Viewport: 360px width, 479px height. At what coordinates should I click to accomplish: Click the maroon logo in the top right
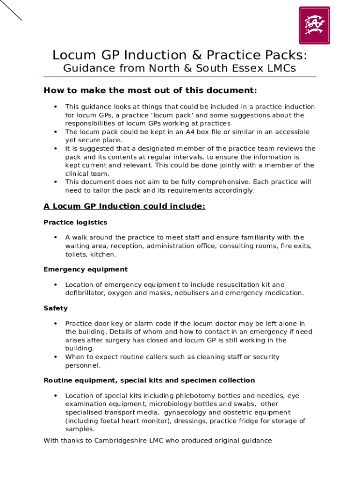(314, 25)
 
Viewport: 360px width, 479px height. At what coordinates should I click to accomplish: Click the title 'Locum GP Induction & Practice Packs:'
(180, 55)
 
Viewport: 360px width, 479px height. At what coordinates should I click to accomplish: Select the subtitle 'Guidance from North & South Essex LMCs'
(180, 68)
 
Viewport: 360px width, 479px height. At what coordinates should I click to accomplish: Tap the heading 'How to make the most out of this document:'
(150, 90)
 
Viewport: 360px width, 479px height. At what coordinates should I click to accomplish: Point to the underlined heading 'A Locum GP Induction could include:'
(124, 206)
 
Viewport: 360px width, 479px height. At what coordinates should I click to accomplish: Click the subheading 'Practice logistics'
(75, 222)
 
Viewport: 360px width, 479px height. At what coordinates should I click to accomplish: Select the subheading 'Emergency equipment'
(86, 269)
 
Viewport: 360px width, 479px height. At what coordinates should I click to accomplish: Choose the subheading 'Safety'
(56, 308)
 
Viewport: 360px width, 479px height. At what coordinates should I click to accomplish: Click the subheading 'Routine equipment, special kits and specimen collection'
(149, 380)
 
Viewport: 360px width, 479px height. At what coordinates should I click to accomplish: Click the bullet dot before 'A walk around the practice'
(56, 238)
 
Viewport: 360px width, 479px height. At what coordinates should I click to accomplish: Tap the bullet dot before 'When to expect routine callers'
(56, 357)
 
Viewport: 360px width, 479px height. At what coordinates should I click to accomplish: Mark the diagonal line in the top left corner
(11, 10)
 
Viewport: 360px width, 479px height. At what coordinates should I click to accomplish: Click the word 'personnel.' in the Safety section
(82, 365)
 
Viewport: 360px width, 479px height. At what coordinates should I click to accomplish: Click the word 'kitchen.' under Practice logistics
(103, 254)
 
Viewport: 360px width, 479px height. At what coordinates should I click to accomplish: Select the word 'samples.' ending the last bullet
(80, 429)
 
